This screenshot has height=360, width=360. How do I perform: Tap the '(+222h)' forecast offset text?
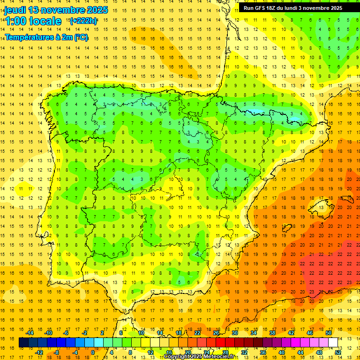point(83,21)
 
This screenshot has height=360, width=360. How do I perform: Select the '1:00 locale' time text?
point(33,21)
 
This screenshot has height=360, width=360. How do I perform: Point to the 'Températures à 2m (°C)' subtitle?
point(46,37)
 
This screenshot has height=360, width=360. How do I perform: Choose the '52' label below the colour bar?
point(338,352)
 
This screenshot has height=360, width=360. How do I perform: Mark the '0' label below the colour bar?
point(93,352)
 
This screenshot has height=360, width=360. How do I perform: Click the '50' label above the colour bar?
point(329,333)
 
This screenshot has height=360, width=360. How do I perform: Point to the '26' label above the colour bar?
point(216,333)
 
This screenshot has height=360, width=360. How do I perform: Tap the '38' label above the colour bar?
point(272,333)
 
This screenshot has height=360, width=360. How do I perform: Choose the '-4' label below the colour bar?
point(75,352)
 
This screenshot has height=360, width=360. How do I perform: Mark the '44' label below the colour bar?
point(300,352)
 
